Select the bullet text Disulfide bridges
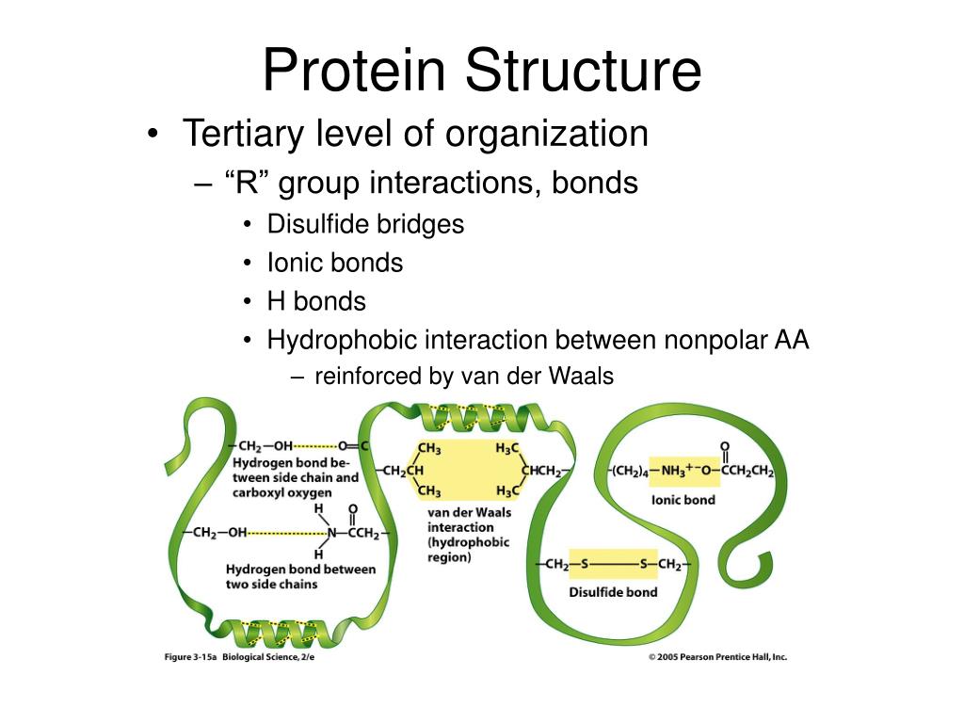(365, 224)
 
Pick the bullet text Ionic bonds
(334, 263)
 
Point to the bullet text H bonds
(316, 301)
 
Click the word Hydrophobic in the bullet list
(342, 339)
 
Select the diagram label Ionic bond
(683, 500)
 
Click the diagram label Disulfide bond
(613, 592)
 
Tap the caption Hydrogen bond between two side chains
(299, 576)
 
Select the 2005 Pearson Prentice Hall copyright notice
(717, 657)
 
